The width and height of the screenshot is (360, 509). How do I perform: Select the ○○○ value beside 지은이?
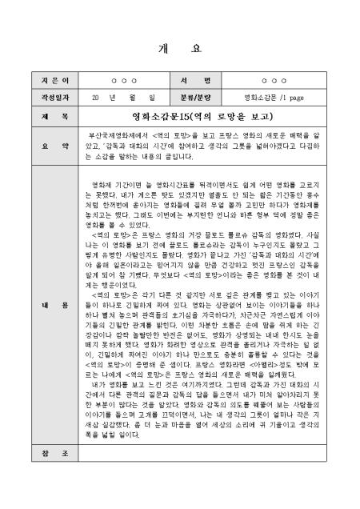[125, 82]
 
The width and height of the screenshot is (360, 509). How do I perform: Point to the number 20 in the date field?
[95, 98]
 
